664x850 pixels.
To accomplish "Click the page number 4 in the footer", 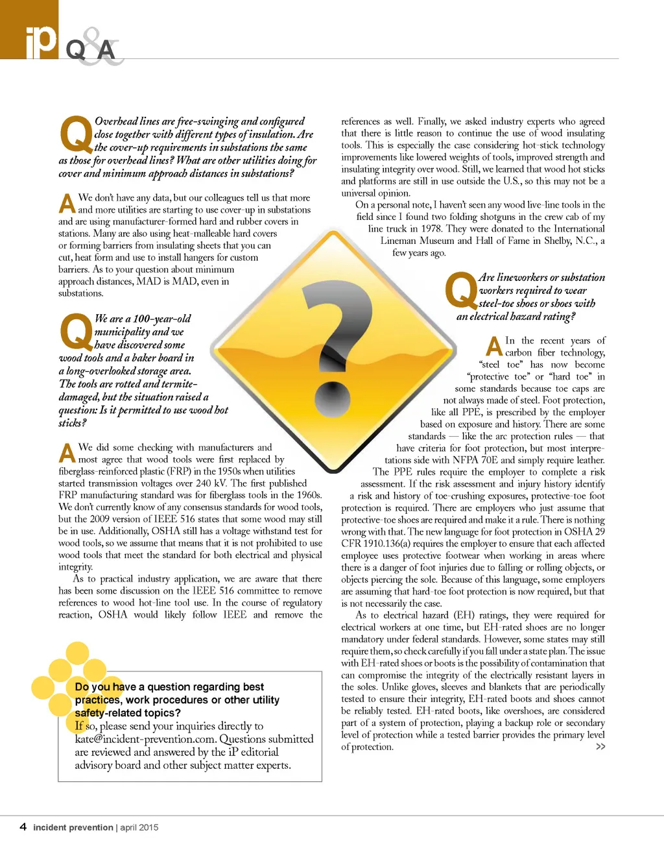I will coord(23,827).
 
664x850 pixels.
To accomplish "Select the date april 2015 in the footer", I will coord(139,827).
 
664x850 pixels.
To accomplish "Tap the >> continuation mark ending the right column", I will coord(600,747).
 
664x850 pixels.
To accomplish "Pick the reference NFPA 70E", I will coord(475,460).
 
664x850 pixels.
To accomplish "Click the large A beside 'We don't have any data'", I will coord(67,204).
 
